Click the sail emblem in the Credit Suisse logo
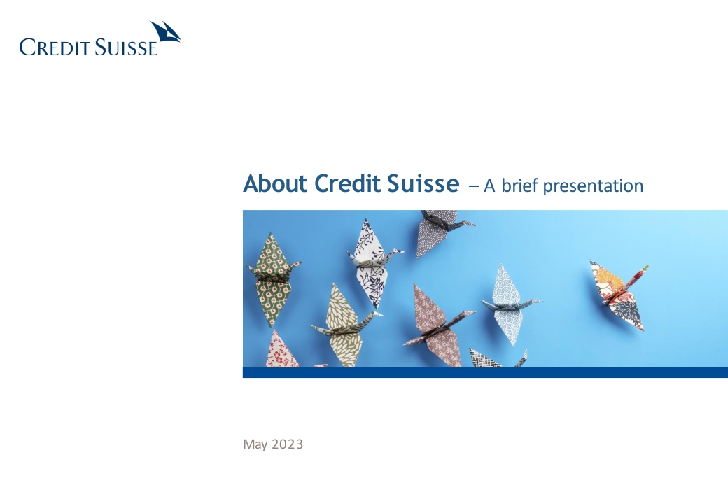point(165,33)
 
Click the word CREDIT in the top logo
point(55,48)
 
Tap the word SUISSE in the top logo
point(126,48)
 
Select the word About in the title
point(275,183)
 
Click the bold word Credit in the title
point(347,183)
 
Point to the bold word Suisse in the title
point(423,183)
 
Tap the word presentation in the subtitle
point(593,187)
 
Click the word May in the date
point(255,444)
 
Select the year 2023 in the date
point(288,444)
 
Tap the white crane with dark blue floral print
point(373,262)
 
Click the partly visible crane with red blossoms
point(282,349)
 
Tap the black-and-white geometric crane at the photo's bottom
point(498,358)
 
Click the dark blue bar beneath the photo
point(485,372)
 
